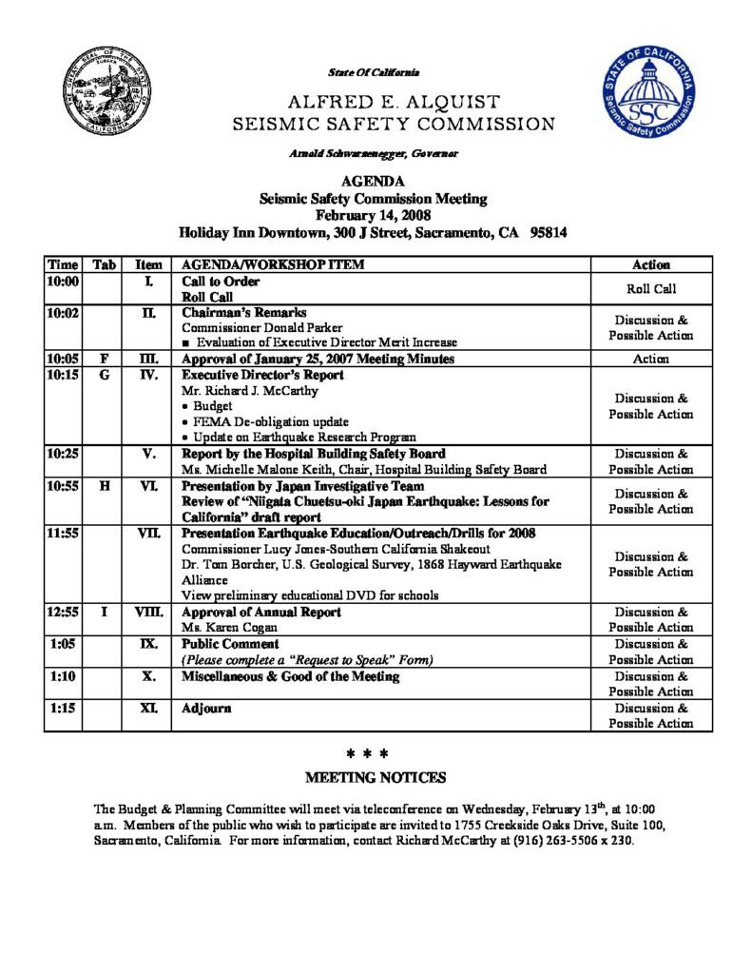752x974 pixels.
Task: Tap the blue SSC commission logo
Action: pyautogui.click(x=649, y=96)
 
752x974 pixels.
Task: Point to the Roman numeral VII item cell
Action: pyautogui.click(x=147, y=533)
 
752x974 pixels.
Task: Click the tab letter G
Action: pyautogui.click(x=103, y=375)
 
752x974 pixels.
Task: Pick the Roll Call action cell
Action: pyautogui.click(x=651, y=289)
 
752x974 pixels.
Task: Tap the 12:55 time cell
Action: pyautogui.click(x=63, y=612)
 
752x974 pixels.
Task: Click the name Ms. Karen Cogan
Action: pyautogui.click(x=218, y=628)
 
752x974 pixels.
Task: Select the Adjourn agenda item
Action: pyautogui.click(x=206, y=709)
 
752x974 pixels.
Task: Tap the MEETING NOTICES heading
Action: pyautogui.click(x=376, y=777)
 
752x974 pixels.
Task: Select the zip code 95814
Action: pyautogui.click(x=549, y=231)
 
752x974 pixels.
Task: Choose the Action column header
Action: pyautogui.click(x=651, y=265)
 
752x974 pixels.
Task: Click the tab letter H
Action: pyautogui.click(x=103, y=485)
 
